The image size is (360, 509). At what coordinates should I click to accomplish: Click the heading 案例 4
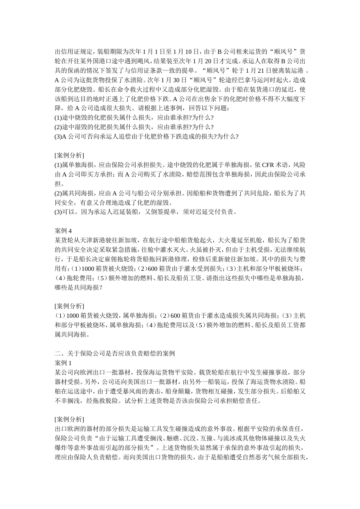(x=63, y=230)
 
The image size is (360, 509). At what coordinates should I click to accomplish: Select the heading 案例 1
(x=63, y=363)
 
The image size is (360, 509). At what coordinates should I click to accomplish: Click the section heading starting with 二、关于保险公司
(x=115, y=353)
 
